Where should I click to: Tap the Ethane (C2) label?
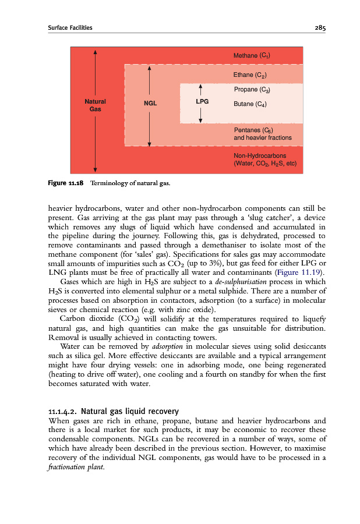pos(250,75)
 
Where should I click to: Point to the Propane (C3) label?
pos(252,90)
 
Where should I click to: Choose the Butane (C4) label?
pos(250,104)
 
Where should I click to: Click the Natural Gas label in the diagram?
pos(96,105)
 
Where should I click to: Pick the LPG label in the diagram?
pos(202,101)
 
